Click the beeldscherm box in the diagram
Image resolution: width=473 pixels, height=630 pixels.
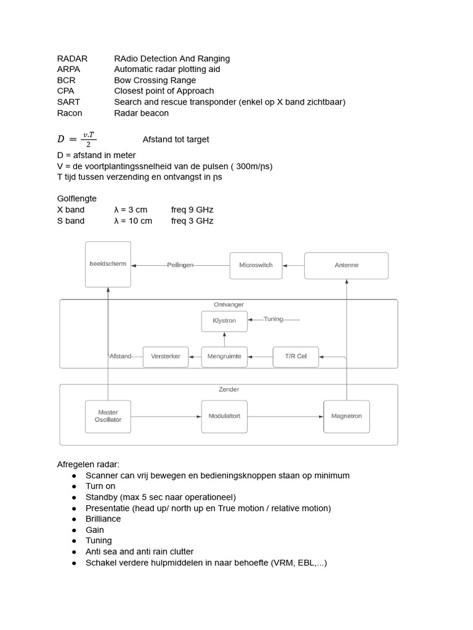coord(108,264)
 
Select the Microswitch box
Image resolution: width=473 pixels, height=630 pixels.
coord(256,265)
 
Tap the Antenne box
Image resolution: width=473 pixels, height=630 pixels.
coord(346,265)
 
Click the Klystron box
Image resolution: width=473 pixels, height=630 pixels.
coord(224,321)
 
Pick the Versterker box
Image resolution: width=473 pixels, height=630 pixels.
coord(166,356)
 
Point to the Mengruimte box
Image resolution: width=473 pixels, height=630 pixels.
coord(225,356)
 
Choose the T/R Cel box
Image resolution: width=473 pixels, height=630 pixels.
coord(296,356)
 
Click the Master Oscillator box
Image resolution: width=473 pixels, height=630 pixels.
coord(108,416)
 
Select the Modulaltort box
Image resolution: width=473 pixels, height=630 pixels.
coord(224,416)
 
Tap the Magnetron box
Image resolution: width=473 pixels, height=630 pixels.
coord(346,416)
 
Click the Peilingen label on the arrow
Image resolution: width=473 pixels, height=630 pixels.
coord(180,265)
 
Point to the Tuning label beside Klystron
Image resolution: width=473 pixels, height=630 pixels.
coord(273,319)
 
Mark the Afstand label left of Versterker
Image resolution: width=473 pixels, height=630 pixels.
coord(120,356)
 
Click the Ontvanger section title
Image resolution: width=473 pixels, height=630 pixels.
coord(228,305)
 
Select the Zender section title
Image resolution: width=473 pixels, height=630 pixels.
coord(228,389)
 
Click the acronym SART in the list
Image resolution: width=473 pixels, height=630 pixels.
coord(68,102)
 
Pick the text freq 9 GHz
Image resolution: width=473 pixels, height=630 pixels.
coord(192,210)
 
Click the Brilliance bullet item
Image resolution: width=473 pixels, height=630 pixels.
coord(103,519)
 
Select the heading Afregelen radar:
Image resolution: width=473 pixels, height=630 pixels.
coord(87,465)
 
